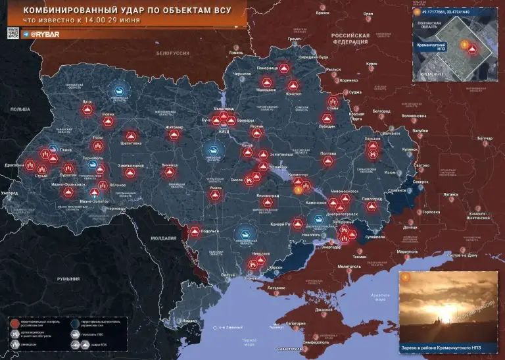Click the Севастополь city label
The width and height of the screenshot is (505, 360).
coord(290,348)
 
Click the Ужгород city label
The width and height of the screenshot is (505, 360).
coord(10,193)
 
